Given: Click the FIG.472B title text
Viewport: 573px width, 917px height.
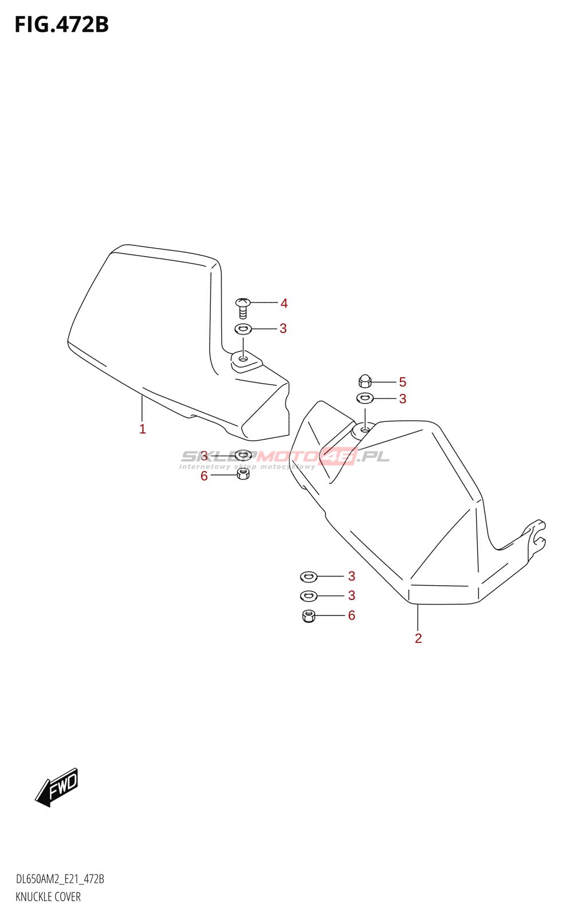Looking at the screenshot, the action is point(62,25).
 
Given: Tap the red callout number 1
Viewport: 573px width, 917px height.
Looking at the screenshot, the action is point(143,429).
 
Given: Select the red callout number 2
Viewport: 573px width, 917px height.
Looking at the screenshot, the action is point(418,638).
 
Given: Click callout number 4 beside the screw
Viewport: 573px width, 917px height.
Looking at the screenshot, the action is point(284,303).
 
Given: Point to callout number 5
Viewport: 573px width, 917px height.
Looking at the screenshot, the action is point(403,382).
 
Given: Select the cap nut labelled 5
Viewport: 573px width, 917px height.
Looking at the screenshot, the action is point(364,381).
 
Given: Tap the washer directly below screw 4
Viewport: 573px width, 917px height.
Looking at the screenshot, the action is point(243,328).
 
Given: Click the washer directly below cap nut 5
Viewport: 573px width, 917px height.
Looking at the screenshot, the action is point(364,398).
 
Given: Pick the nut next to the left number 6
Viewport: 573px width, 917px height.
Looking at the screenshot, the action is point(243,475).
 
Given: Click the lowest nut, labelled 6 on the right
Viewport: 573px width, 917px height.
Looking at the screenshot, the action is point(309,616).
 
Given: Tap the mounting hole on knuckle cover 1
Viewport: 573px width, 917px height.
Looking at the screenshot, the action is point(243,359).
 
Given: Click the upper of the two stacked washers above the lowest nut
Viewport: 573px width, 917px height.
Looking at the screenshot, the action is point(309,577).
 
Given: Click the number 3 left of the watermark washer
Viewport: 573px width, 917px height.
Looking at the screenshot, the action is point(204,456).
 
